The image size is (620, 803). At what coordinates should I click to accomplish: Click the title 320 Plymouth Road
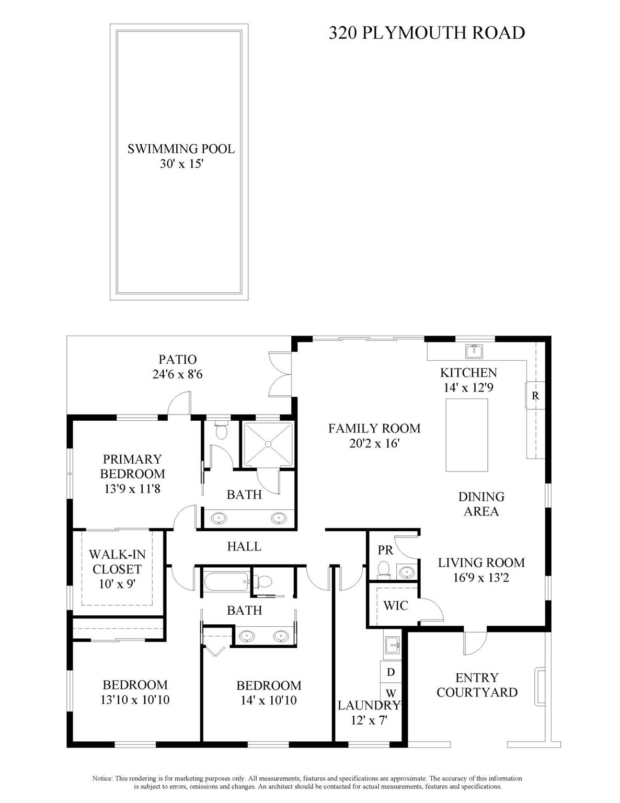click(427, 33)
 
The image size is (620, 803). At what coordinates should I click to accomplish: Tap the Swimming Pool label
click(181, 149)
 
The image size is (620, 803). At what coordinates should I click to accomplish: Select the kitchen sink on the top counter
click(474, 351)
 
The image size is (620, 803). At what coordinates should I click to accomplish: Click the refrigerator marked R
click(535, 396)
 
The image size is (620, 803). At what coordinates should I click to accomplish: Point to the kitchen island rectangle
click(466, 435)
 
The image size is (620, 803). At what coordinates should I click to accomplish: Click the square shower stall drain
click(268, 444)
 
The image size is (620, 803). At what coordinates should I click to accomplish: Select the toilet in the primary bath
click(222, 431)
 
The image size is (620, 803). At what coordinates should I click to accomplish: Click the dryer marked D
click(391, 672)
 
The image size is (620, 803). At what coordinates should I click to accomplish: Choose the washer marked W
click(391, 693)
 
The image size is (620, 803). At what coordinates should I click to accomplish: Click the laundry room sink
click(392, 646)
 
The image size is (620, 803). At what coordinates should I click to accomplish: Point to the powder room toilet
click(384, 569)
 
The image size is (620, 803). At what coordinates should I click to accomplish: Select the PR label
click(385, 550)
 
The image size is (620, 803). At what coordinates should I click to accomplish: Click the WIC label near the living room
click(396, 605)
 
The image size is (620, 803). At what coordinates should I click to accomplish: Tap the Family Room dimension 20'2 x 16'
click(374, 443)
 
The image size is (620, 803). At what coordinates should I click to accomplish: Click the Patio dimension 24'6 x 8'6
click(178, 374)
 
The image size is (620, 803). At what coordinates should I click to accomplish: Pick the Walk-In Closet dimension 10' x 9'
click(117, 583)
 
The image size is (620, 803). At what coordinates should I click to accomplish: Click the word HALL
click(244, 546)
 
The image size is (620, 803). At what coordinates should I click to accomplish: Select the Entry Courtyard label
click(477, 685)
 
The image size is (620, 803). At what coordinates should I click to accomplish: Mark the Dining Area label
click(481, 504)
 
